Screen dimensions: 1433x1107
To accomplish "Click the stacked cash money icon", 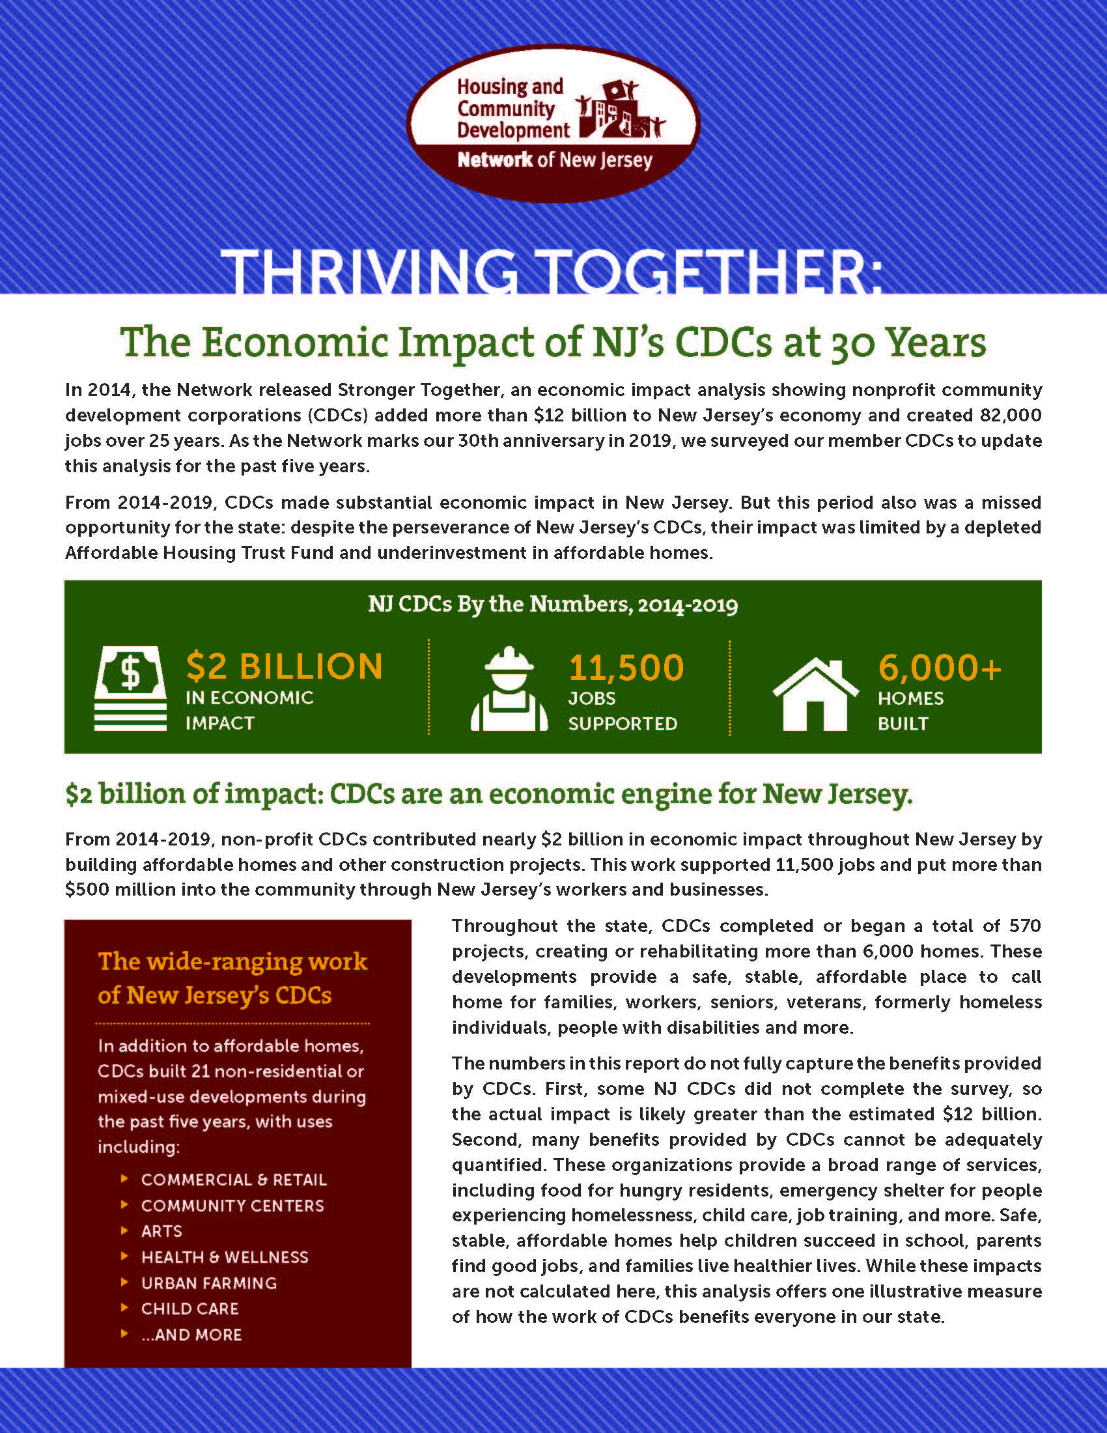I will coord(130,688).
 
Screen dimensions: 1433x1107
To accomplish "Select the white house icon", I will coord(815,694).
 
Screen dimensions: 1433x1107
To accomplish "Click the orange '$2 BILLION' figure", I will coord(285,666).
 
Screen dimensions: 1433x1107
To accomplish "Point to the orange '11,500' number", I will coord(626,668).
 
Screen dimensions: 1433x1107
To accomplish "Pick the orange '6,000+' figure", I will coord(940,668).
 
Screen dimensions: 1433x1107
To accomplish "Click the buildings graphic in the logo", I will coord(620,110).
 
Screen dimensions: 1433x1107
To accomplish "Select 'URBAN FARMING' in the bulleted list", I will coord(209,1283).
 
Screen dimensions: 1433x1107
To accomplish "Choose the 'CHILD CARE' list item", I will coord(190,1309).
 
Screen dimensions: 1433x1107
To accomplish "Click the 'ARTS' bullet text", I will coord(162,1231).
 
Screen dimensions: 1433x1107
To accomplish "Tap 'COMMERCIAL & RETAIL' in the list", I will coord(234,1180).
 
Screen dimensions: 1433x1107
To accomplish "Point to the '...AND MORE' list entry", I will coord(192,1335).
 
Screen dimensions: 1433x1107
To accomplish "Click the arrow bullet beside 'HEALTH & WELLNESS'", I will coord(124,1256).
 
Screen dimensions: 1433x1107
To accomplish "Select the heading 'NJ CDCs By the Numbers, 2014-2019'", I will coord(553,604).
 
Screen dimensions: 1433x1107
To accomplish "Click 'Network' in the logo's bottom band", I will coord(495,160).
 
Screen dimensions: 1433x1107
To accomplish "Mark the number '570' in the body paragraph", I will coord(1025,926).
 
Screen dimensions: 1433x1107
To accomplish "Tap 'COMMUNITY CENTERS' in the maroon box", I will coord(233,1205).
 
